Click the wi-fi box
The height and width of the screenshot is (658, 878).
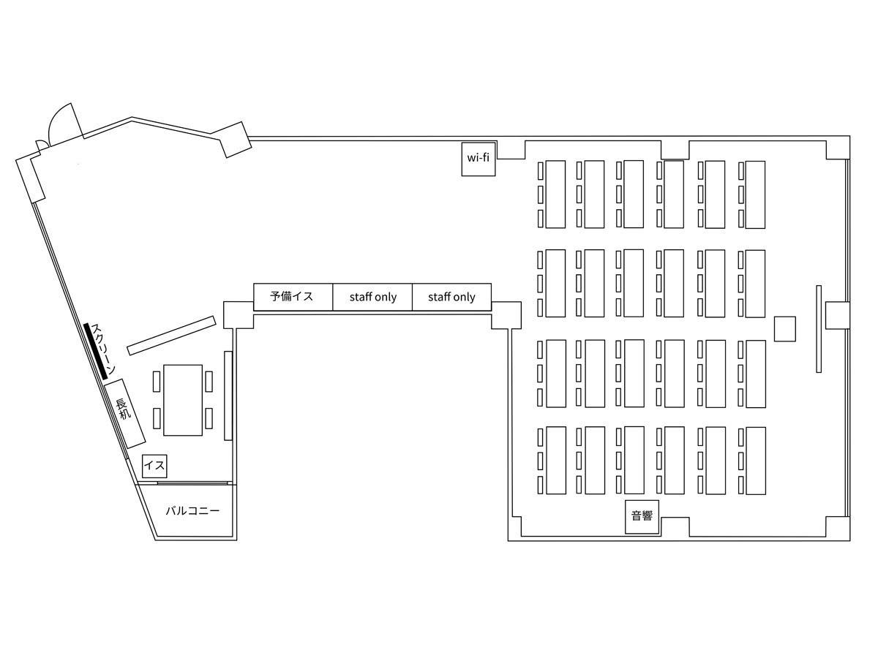[x=478, y=159]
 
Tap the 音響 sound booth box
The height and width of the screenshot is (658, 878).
[x=642, y=517]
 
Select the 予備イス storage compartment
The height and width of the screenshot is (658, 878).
[x=293, y=296]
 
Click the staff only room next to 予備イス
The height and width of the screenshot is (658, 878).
[x=372, y=296]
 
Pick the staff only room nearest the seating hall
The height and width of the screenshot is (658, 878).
[x=451, y=296]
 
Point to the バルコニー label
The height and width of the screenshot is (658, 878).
[x=192, y=510]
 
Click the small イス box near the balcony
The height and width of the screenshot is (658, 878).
[x=154, y=466]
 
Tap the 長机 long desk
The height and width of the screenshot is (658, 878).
[x=124, y=413]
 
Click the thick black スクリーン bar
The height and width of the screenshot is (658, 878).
[x=95, y=351]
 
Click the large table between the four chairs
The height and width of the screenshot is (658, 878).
[x=183, y=400]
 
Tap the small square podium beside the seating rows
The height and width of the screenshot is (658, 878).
[x=784, y=329]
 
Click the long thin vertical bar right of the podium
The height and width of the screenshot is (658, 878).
[x=819, y=329]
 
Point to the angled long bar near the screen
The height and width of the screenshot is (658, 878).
[x=172, y=336]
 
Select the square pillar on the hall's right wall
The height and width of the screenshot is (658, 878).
[x=837, y=315]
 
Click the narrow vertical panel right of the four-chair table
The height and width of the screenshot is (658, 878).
[x=228, y=396]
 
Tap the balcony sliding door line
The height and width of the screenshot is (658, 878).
[x=192, y=483]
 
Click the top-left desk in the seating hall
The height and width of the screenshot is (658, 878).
[x=555, y=194]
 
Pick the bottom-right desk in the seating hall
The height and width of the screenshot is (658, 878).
[x=756, y=461]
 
